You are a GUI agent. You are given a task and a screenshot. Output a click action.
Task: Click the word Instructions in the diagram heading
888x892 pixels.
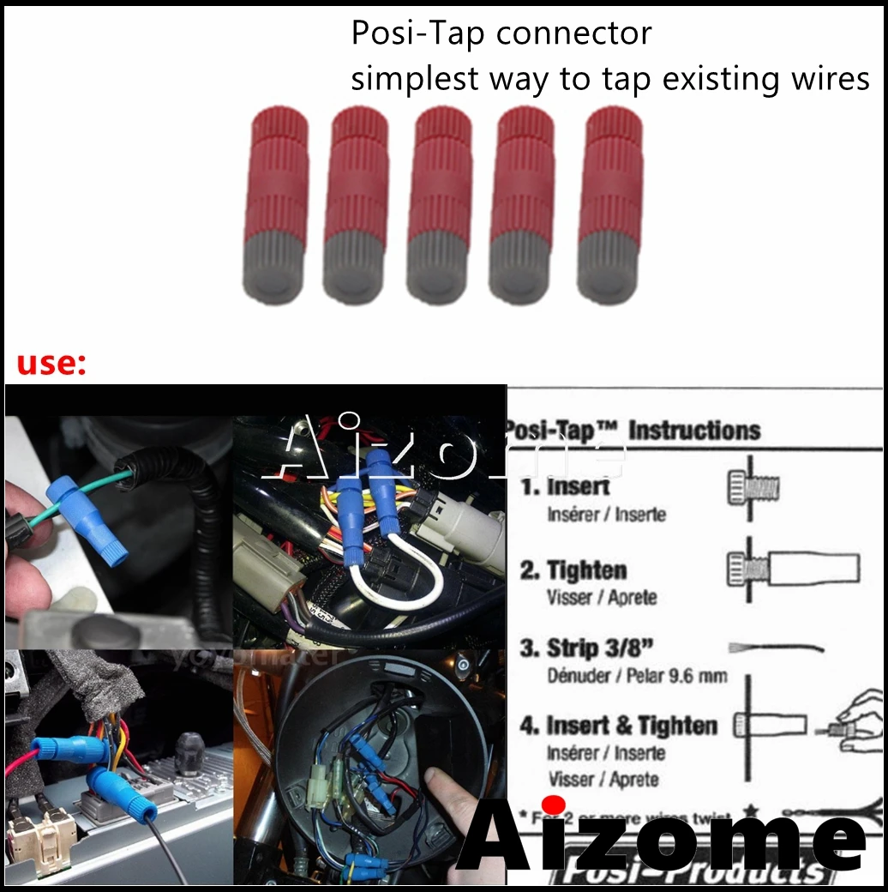click(x=694, y=431)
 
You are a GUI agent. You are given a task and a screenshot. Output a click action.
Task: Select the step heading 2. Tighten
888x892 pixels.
click(x=574, y=570)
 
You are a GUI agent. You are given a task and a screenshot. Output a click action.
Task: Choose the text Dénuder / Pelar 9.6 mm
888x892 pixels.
click(x=637, y=676)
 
